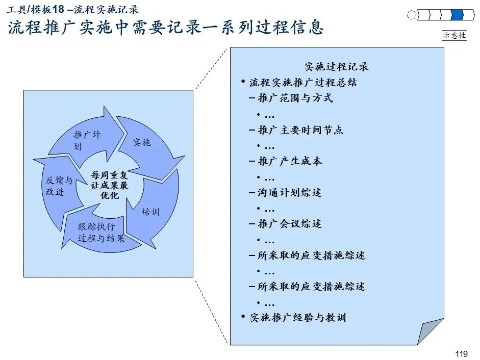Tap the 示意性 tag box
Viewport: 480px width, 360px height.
click(x=454, y=35)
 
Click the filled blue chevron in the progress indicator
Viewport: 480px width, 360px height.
click(x=458, y=15)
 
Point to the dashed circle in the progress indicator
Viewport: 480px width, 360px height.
click(x=412, y=15)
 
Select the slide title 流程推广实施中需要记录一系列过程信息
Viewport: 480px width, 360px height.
click(x=166, y=28)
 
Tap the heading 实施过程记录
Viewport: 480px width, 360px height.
click(x=336, y=66)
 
